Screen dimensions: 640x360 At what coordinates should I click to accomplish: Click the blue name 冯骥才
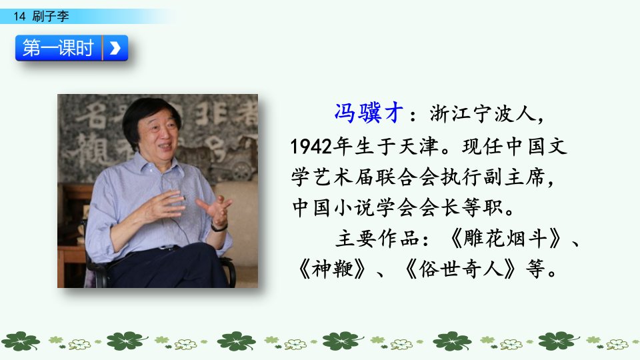pos(369,113)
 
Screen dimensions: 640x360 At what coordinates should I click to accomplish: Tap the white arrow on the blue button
pos(115,48)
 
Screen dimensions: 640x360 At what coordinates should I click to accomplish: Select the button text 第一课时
pos(58,48)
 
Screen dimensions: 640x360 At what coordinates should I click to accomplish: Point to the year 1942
pos(311,146)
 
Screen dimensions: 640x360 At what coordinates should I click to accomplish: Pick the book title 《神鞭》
pos(332,269)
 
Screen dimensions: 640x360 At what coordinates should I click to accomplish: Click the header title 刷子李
pos(51,16)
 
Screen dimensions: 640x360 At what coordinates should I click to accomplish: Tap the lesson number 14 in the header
pos(19,16)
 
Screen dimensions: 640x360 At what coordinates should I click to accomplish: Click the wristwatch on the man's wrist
pos(219,227)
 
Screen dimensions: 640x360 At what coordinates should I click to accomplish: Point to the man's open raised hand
pos(215,208)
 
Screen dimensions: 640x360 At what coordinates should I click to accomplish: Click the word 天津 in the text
pos(419,146)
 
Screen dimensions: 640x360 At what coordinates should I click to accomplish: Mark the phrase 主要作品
pos(377,239)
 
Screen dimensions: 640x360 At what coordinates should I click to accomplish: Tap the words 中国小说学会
pos(355,208)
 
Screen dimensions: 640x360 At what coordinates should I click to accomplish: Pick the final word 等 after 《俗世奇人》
pos(535,269)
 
